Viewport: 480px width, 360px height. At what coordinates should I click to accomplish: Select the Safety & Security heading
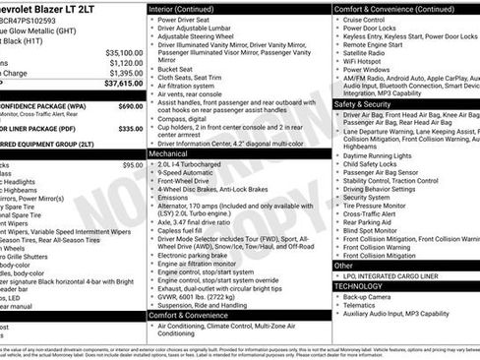pos(363,103)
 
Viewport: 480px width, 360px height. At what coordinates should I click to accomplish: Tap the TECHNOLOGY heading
pos(363,284)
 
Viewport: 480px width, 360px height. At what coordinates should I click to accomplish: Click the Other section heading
pos(344,266)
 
